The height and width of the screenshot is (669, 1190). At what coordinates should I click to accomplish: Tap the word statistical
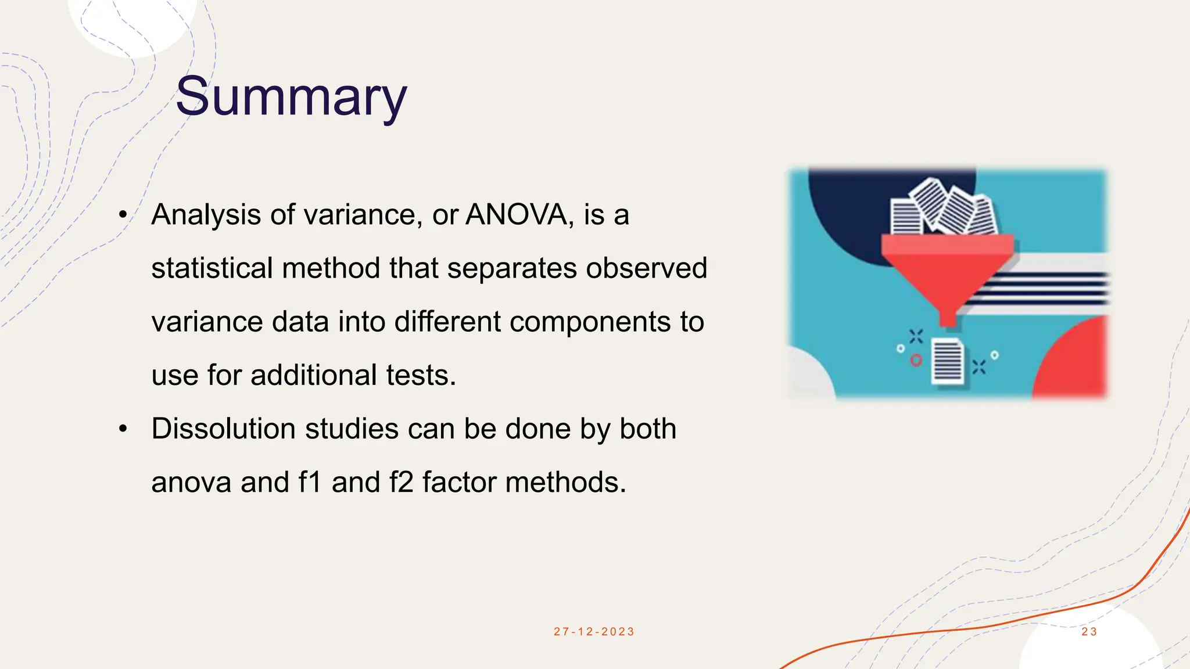tap(212, 268)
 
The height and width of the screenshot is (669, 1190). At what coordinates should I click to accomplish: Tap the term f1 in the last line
tap(310, 483)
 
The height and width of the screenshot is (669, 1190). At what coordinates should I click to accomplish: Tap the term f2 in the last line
tap(402, 483)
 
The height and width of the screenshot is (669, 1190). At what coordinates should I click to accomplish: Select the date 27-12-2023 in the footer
tap(594, 632)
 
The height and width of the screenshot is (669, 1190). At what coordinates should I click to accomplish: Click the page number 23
tap(1089, 632)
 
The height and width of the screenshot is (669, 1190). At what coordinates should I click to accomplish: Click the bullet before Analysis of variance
tap(123, 215)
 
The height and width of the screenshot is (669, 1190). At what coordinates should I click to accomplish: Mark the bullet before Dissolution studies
tap(123, 430)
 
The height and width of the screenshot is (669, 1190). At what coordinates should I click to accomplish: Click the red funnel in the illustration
tap(948, 273)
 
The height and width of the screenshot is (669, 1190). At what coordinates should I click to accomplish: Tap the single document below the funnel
tap(947, 362)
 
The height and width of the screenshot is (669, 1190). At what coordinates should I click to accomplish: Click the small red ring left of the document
tap(916, 361)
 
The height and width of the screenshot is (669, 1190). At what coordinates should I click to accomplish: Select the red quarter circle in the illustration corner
tap(1075, 363)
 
